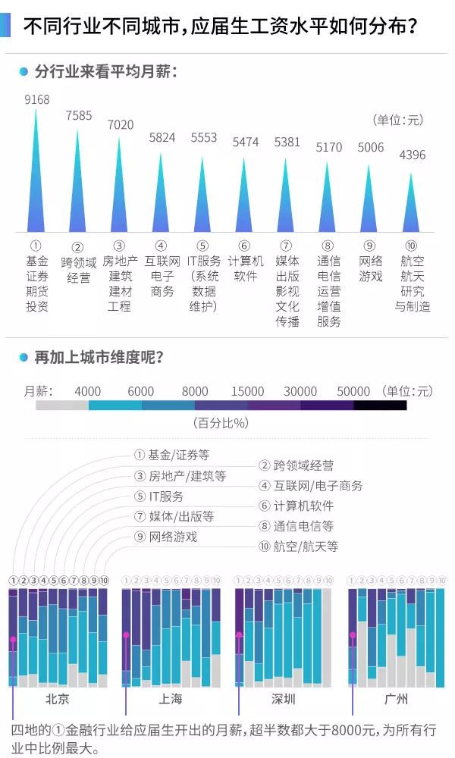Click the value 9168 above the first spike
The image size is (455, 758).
click(37, 100)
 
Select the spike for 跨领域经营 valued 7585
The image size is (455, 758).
click(78, 189)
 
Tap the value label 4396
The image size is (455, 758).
click(412, 155)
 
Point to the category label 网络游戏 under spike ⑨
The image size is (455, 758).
click(370, 269)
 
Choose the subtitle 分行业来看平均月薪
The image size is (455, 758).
click(105, 72)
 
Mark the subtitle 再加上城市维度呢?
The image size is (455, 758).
click(99, 356)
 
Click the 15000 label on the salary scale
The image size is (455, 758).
click(248, 391)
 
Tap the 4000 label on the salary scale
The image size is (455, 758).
click(88, 391)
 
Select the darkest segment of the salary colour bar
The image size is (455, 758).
click(380, 406)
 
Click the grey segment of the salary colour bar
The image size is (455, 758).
click(62, 406)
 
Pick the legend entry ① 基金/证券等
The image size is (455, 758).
click(171, 455)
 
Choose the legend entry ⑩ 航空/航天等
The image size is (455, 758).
click(298, 546)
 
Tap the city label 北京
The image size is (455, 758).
click(57, 698)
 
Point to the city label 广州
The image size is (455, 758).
click(395, 698)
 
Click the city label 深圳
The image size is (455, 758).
click(283, 698)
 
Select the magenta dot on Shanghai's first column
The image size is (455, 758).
click(126, 635)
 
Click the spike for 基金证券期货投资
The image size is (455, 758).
click(36, 182)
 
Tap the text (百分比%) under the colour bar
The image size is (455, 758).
click(221, 423)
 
